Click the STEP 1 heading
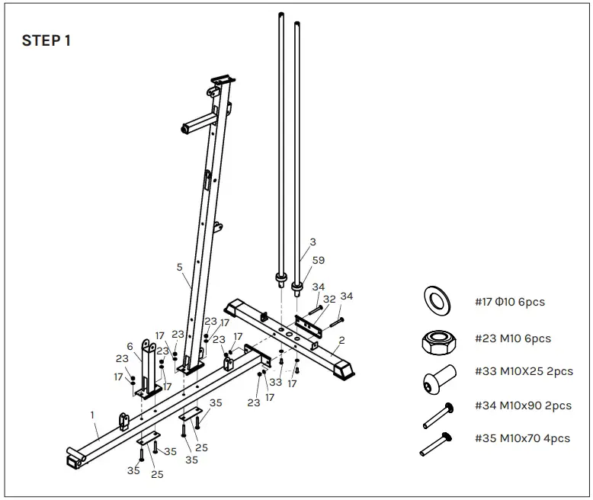46,41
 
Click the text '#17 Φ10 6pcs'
509,302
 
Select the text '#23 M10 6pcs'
512,338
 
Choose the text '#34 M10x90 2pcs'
523,406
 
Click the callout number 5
179,267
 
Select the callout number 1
92,415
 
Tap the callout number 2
341,340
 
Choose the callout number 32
329,299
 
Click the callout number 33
275,382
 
